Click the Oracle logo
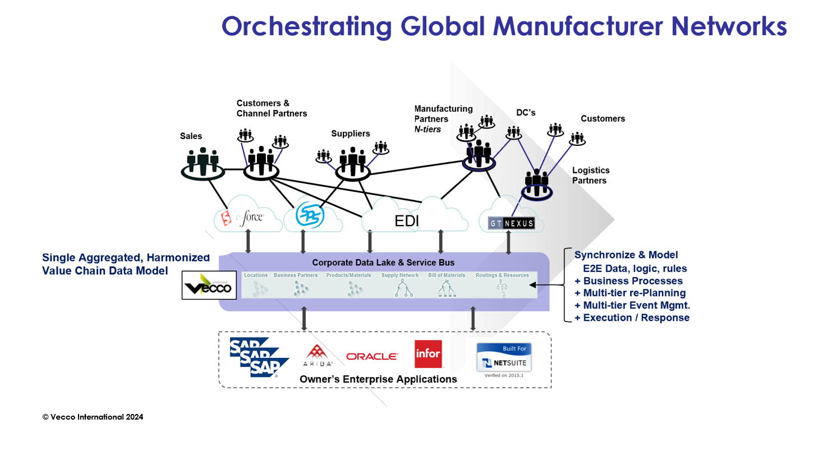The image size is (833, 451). [372, 356]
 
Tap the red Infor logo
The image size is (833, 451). [427, 354]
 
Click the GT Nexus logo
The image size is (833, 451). [511, 223]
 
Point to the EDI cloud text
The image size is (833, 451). [407, 221]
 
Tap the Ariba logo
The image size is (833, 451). [317, 355]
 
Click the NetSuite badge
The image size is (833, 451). [503, 358]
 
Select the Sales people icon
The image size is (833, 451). [203, 162]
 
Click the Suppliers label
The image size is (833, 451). [351, 134]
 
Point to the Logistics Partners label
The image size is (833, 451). [590, 175]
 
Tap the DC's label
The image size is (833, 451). [526, 113]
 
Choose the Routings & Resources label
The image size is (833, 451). [502, 275]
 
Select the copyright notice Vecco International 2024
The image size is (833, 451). [93, 417]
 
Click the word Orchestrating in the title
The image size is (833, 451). [306, 26]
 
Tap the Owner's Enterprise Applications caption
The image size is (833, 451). [378, 379]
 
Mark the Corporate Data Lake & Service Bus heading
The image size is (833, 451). [383, 262]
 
